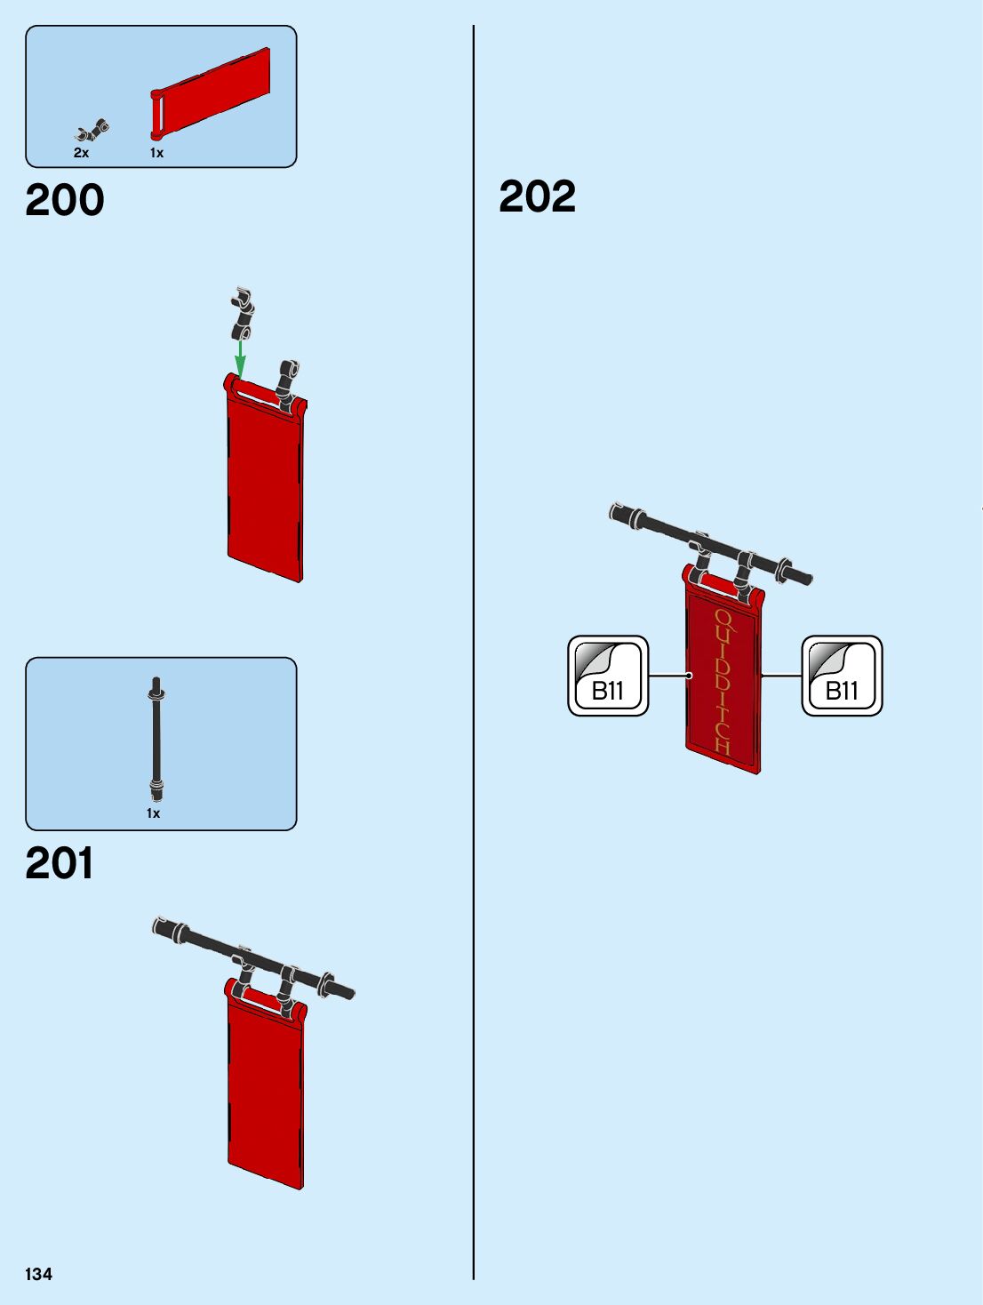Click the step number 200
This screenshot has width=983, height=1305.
pyautogui.click(x=65, y=200)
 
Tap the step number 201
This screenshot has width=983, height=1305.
pyautogui.click(x=60, y=863)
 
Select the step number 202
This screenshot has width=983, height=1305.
pyautogui.click(x=537, y=196)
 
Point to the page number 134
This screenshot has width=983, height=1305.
pyautogui.click(x=38, y=1274)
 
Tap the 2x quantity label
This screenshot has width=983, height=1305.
pyautogui.click(x=81, y=153)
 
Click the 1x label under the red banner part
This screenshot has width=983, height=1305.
pyautogui.click(x=156, y=153)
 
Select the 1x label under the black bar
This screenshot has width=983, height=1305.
pyautogui.click(x=154, y=813)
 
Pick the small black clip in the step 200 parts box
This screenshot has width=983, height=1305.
pyautogui.click(x=92, y=132)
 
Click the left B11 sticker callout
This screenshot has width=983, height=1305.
pyautogui.click(x=609, y=677)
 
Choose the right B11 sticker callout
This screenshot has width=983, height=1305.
pyautogui.click(x=842, y=677)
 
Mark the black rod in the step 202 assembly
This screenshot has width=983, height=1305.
pyautogui.click(x=711, y=541)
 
